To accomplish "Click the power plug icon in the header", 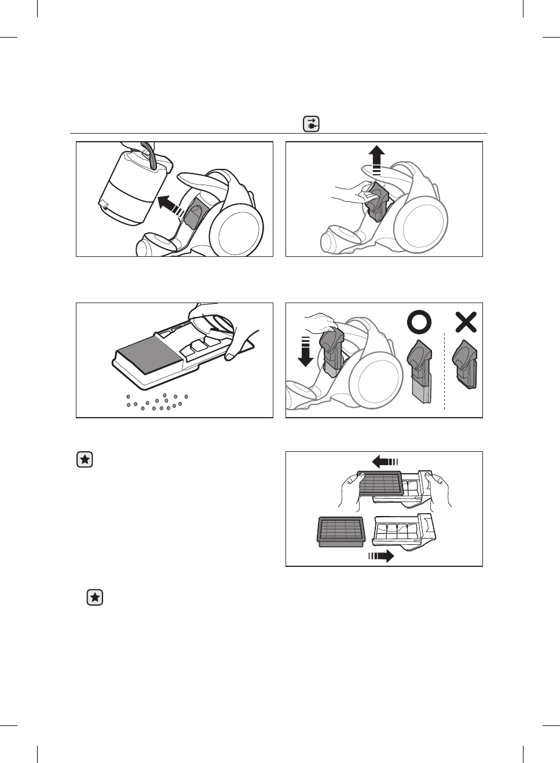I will (311, 124).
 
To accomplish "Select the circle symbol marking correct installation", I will (419, 322).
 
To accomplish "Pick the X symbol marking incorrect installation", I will (466, 322).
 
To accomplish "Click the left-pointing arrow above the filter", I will (384, 461).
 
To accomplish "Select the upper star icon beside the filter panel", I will (85, 460).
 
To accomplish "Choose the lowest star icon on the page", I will (94, 598).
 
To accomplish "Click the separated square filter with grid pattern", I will (341, 530).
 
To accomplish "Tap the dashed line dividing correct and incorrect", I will (444, 370).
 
